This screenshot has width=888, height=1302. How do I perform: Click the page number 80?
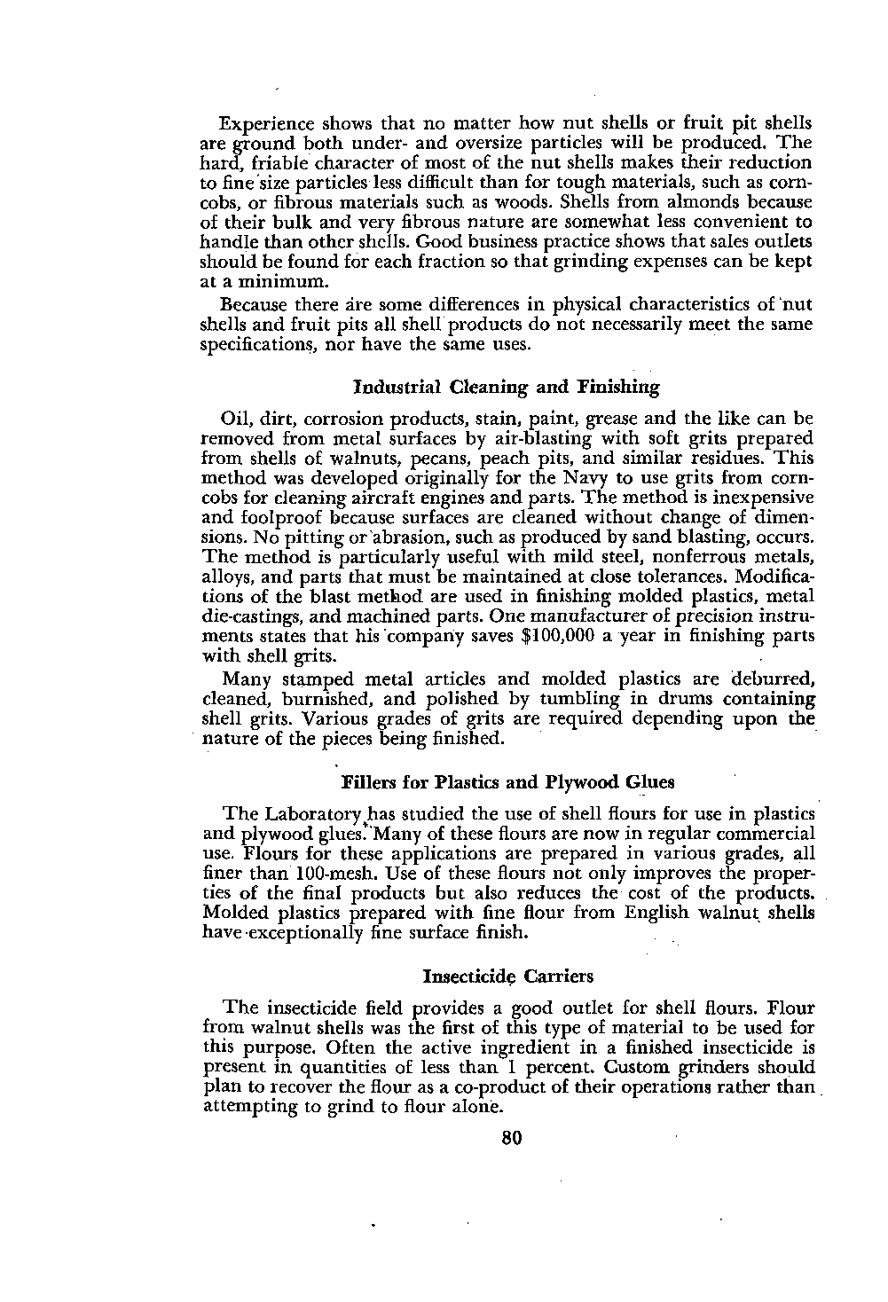point(511,1138)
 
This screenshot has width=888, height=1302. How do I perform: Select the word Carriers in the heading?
point(558,976)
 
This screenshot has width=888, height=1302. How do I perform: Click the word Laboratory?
point(306,814)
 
